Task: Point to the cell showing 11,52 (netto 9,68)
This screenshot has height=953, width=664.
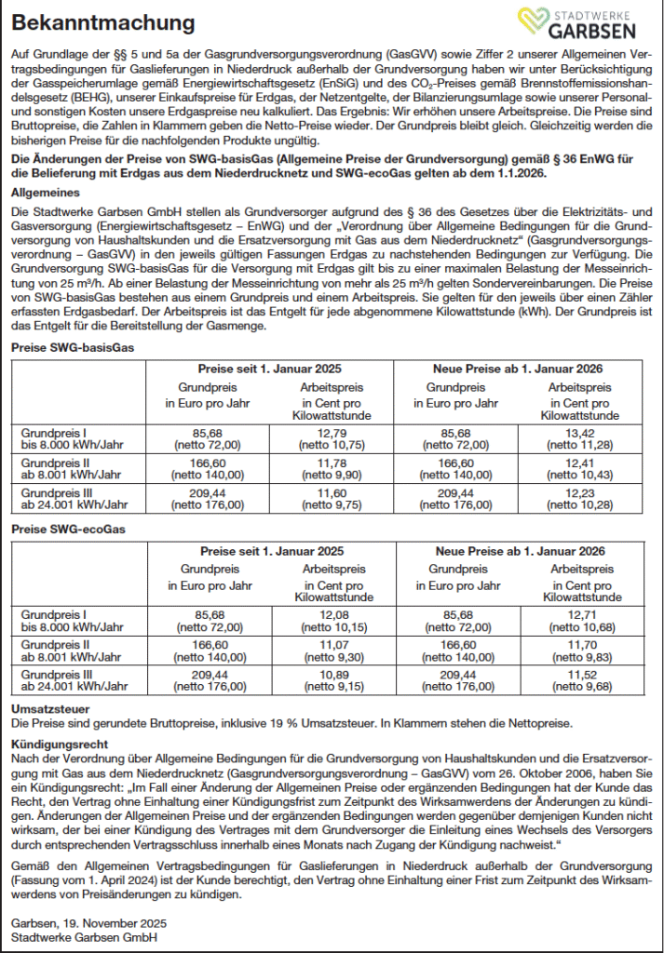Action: pos(579,679)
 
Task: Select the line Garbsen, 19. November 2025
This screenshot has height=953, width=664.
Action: pos(88,922)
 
